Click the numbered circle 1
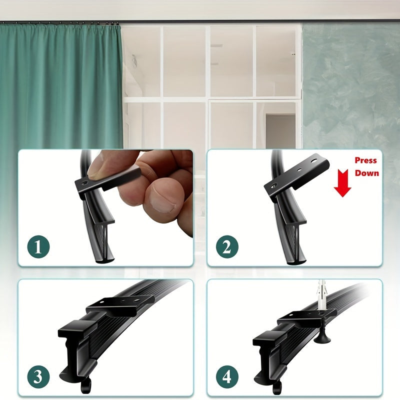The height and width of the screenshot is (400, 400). point(39,246)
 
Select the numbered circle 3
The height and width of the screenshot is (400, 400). point(39,376)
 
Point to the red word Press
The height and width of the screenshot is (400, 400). point(365,160)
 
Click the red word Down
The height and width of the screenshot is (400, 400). point(367,173)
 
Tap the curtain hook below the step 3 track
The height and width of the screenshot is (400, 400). point(86,383)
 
